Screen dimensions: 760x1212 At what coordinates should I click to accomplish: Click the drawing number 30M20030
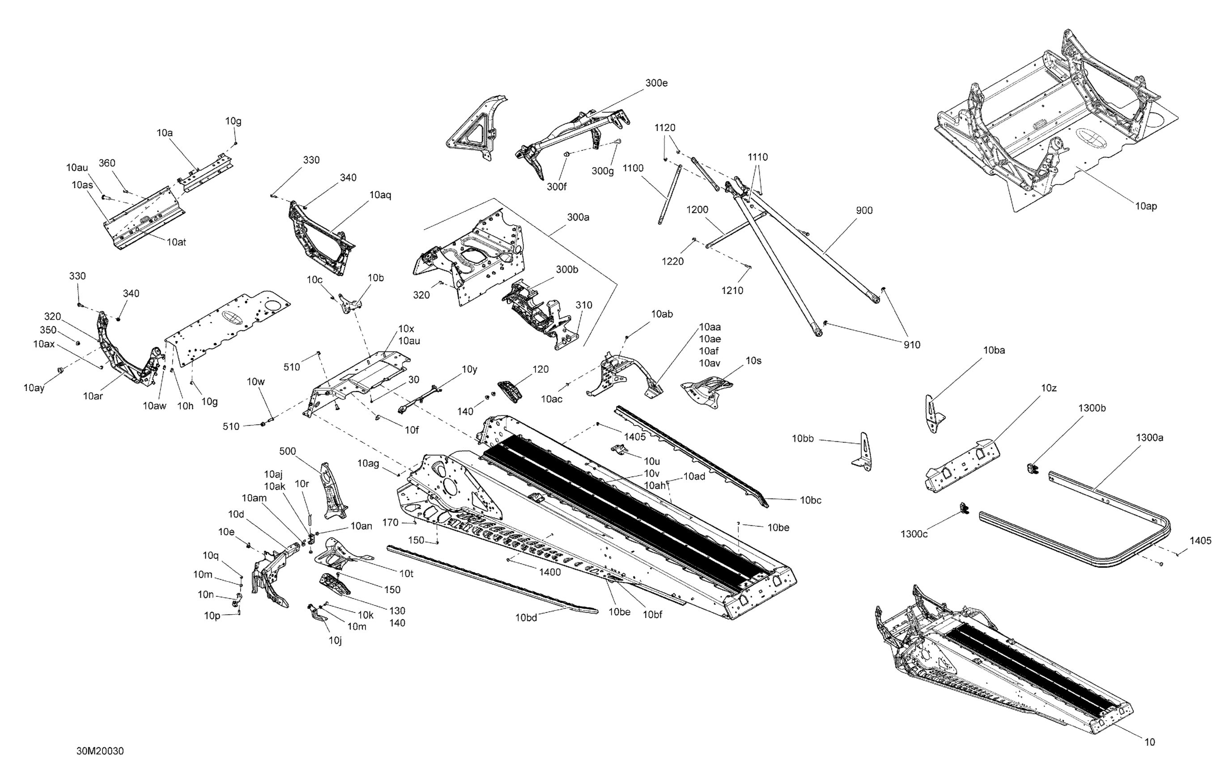tap(100, 751)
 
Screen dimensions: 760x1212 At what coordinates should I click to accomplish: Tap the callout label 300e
tap(656, 84)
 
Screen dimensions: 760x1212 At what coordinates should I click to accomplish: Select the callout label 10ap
tap(1146, 206)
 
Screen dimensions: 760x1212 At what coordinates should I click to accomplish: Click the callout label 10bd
tap(526, 618)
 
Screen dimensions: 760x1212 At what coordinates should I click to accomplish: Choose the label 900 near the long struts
tap(864, 211)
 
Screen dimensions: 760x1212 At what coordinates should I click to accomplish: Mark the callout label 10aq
tap(380, 195)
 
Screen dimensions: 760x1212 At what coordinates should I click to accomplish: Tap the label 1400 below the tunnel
tap(550, 572)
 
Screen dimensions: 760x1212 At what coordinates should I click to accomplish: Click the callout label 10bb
tap(803, 439)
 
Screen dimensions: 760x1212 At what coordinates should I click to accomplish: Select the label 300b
tap(567, 270)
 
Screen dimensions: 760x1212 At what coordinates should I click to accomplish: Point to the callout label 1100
tap(633, 169)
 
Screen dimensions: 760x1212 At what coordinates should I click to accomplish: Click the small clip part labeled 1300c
tap(964, 508)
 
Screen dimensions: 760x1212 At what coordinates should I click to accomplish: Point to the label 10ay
tap(34, 388)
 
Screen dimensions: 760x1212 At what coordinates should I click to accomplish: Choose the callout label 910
tap(911, 345)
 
